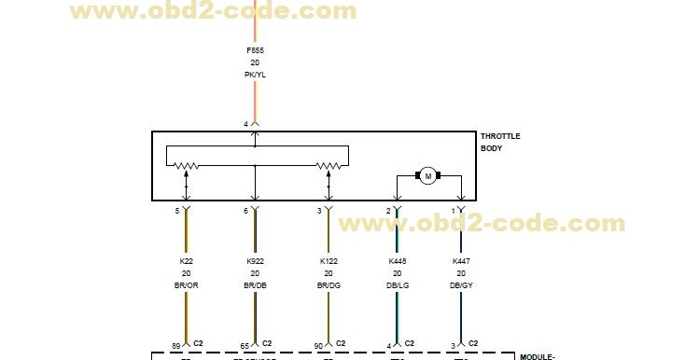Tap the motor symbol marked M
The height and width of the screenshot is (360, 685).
click(428, 175)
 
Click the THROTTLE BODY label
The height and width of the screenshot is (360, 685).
click(499, 142)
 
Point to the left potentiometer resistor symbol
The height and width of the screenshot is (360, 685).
click(187, 167)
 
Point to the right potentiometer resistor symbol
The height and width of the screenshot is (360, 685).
click(328, 167)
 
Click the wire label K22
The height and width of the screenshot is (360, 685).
click(186, 261)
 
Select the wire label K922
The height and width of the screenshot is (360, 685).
click(255, 261)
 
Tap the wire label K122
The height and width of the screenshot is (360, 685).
click(329, 261)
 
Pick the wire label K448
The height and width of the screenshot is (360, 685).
click(398, 261)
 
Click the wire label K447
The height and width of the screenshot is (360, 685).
click(461, 261)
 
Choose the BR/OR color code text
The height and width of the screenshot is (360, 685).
click(186, 286)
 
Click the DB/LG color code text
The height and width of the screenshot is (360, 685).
click(398, 286)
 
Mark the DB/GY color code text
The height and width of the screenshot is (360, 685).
click(461, 286)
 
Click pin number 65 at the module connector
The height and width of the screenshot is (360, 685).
click(244, 345)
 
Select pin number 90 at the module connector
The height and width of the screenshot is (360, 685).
click(317, 345)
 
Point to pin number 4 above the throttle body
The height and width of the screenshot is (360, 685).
click(246, 123)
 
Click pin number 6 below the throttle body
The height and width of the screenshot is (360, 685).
click(246, 212)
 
